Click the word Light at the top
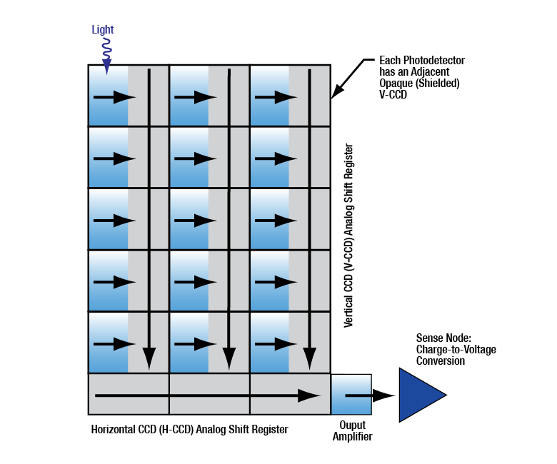103,30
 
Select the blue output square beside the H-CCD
351,395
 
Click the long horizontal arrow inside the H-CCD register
207,395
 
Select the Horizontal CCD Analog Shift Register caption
189,430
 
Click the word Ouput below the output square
351,426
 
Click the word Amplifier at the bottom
352,437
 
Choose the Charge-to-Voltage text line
456,350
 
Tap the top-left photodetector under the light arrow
108,96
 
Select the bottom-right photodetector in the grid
269,343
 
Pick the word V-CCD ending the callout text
393,94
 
